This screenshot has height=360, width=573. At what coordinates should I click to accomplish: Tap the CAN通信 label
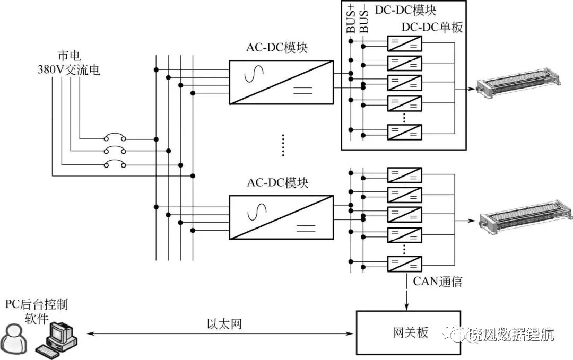(437, 282)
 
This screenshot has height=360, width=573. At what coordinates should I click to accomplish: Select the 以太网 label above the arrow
(224, 324)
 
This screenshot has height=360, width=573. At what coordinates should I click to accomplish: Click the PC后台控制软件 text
(37, 311)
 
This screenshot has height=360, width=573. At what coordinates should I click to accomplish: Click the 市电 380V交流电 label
(68, 63)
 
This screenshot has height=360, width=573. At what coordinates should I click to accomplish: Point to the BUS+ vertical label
(351, 19)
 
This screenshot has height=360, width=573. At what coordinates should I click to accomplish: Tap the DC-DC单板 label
(432, 27)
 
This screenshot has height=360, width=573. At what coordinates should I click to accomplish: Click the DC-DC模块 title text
(406, 10)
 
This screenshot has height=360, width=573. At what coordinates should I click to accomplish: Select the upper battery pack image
(519, 82)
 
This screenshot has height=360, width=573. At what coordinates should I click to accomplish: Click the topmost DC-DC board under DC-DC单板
(404, 44)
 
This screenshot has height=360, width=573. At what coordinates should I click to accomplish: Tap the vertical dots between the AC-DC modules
(283, 145)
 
